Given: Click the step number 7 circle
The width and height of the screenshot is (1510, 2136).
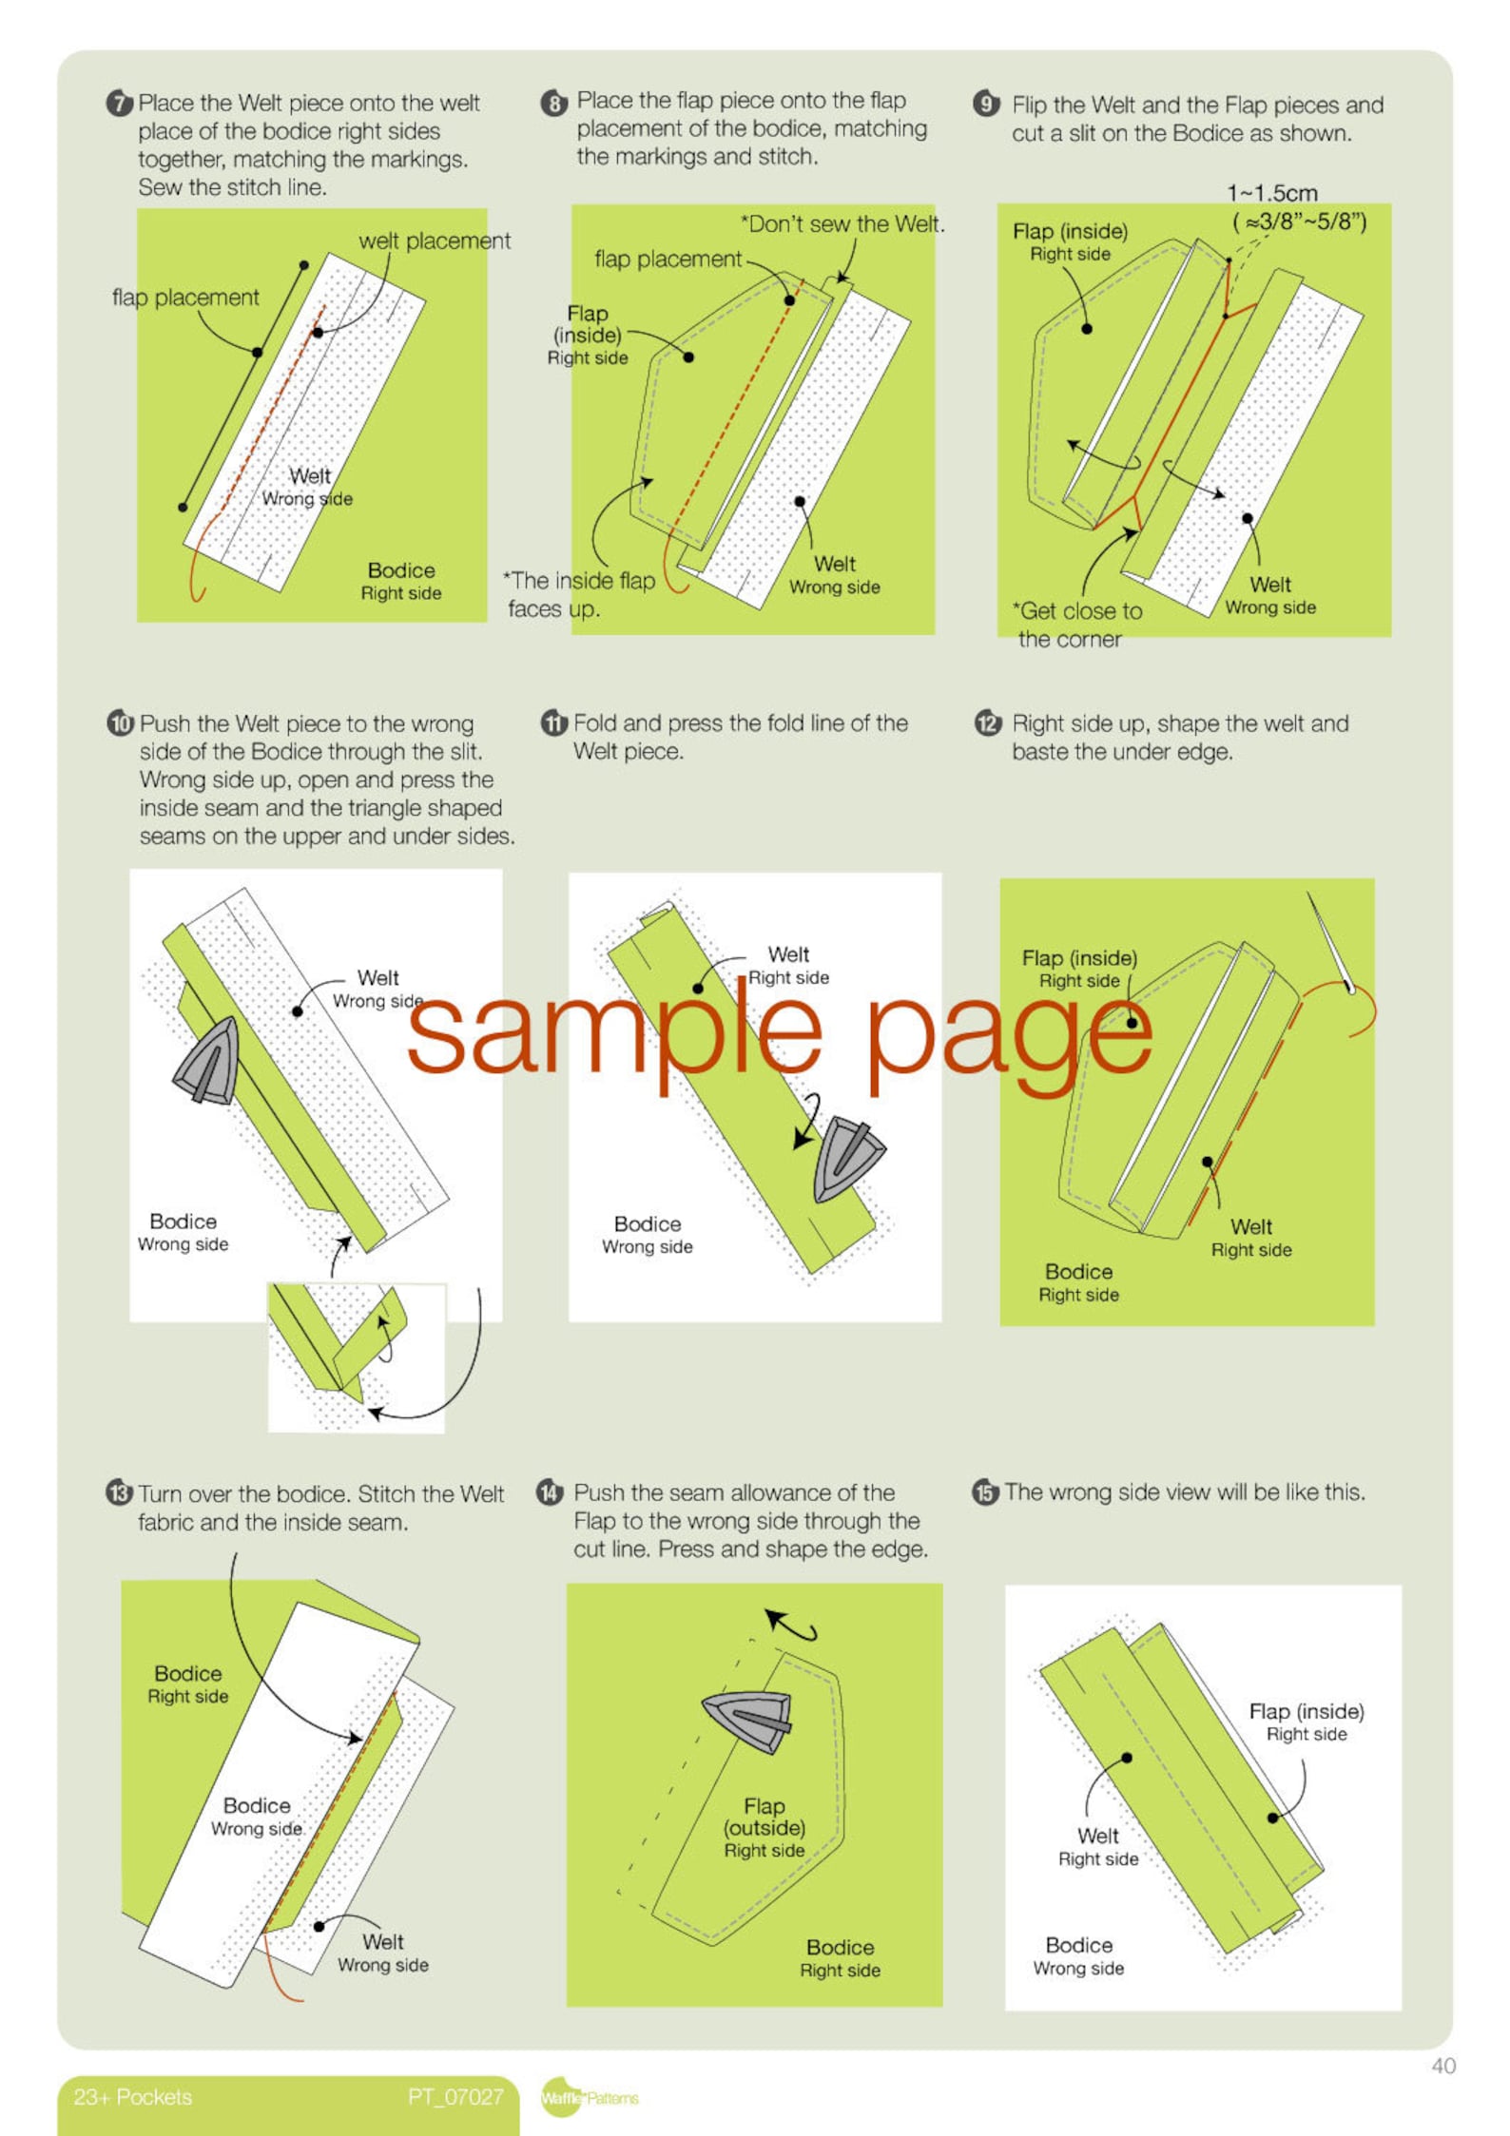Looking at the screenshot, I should (119, 103).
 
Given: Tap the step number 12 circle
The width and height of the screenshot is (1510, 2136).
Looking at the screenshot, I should (988, 723).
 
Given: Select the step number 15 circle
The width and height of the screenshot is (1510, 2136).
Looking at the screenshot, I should (985, 1492).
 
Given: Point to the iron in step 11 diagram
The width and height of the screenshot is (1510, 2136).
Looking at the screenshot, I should (845, 1160).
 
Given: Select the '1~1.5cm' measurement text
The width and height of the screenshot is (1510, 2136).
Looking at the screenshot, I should (1272, 193).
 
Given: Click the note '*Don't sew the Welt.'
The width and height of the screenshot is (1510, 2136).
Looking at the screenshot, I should (842, 224).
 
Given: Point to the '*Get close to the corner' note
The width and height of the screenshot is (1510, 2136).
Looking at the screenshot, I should (1077, 625).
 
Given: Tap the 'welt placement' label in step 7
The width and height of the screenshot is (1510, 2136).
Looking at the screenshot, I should (434, 241).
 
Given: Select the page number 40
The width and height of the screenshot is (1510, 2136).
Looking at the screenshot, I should (1442, 2066).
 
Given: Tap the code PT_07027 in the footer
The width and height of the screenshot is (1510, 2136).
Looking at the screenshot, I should (455, 2097).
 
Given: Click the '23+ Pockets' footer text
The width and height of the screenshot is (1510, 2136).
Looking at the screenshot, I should (133, 2097).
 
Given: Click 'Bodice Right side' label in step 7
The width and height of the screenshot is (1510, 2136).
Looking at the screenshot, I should (400, 581).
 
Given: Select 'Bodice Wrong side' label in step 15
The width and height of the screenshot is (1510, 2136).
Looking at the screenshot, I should (1078, 1956).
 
